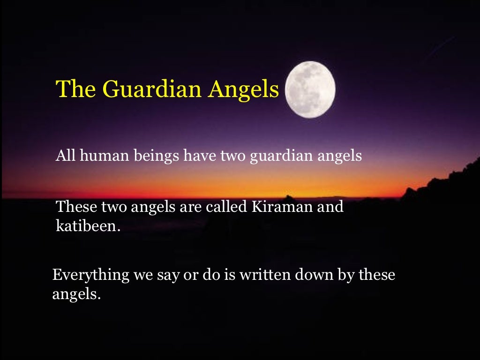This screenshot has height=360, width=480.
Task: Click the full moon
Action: (x=310, y=89)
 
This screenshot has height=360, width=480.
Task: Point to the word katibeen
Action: (x=85, y=226)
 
